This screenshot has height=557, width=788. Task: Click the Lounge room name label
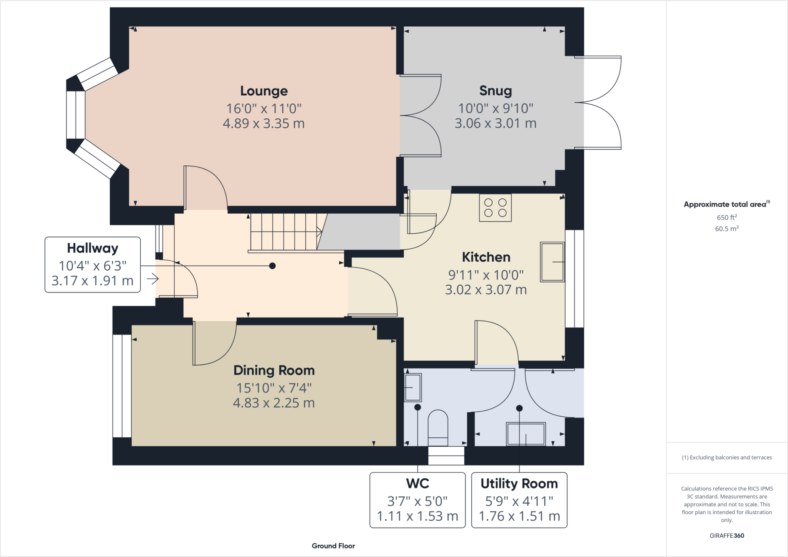coord(264,91)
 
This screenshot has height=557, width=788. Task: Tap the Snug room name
coord(495,91)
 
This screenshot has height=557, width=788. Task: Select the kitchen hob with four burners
coord(495,208)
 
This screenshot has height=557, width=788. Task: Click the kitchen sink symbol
coord(552,262)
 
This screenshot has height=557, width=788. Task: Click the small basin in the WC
coord(412,387)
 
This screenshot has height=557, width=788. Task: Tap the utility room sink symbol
coord(526,434)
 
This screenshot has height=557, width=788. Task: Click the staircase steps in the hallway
coord(285,231)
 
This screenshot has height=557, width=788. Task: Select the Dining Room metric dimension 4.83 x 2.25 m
coord(274,403)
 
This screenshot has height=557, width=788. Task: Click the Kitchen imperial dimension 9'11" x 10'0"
coord(486,275)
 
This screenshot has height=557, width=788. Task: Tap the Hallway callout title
coord(92,248)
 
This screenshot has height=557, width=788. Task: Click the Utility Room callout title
coord(519,484)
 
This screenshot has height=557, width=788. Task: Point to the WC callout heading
coord(417,484)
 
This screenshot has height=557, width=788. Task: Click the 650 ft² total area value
coord(726,217)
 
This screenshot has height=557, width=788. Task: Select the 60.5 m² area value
coord(726,229)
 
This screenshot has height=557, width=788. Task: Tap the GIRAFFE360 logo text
coord(726,535)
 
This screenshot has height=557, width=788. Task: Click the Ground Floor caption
coord(333,546)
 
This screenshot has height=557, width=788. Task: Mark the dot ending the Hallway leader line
coord(272,266)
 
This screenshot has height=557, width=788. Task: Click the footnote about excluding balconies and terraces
coord(726,457)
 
